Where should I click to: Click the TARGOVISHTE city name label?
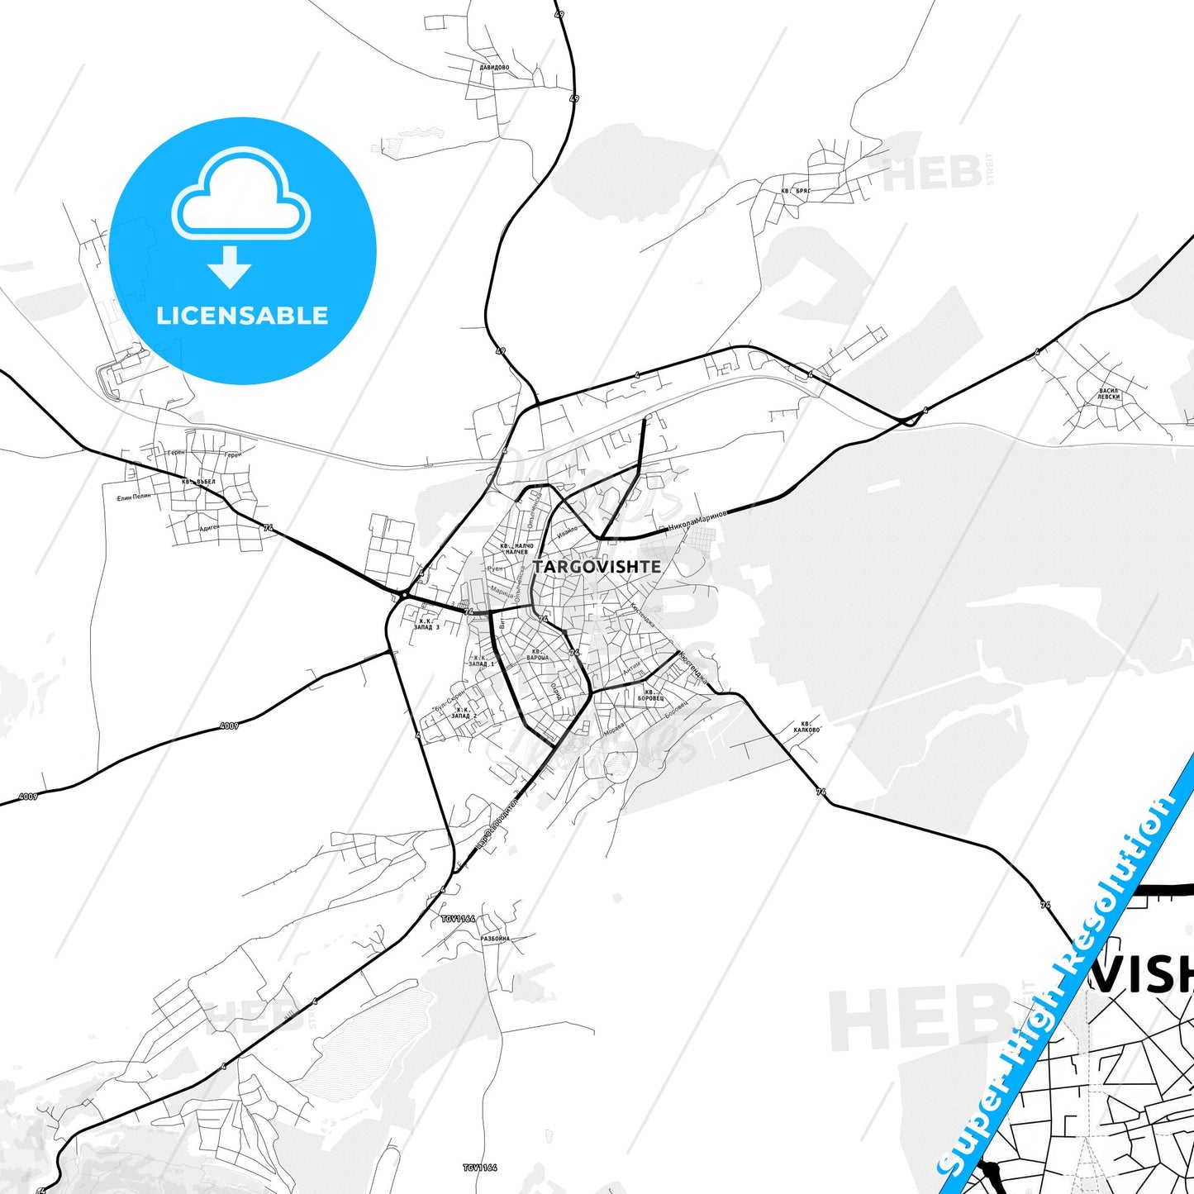point(597,567)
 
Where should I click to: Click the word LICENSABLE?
point(242,316)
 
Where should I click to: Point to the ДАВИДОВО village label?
point(494,68)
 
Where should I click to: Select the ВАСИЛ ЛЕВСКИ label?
point(1109,393)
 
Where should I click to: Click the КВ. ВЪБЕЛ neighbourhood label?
point(199,482)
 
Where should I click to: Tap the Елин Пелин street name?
point(134,497)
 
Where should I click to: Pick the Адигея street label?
point(210,528)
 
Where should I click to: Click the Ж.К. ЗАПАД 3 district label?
point(426,624)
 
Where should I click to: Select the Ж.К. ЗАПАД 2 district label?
point(463,712)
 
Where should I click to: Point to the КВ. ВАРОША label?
point(537,654)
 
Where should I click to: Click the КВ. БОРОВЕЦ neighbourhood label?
point(650,695)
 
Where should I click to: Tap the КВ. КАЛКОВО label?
point(806,726)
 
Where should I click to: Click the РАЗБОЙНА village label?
point(495,939)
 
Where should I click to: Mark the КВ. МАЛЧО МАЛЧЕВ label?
point(516,549)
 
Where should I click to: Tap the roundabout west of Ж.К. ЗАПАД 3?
point(403,594)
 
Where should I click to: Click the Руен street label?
point(495,568)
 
